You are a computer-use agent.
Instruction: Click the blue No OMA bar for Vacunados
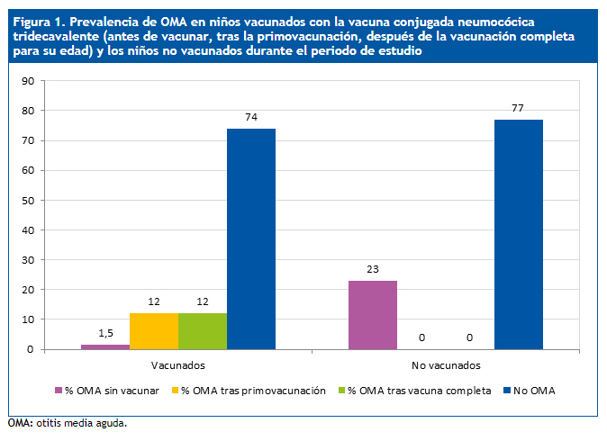point(251,238)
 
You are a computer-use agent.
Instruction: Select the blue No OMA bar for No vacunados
point(518,234)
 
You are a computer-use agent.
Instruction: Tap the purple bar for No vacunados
point(372,314)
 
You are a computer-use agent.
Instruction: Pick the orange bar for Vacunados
point(154,330)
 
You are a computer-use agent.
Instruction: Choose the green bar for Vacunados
point(203,330)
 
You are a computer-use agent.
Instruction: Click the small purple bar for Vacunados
point(105,346)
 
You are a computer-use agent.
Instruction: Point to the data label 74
point(251,117)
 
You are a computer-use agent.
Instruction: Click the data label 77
point(518,108)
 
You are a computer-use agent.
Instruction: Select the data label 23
point(372,269)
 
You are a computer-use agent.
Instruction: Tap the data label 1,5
point(105,333)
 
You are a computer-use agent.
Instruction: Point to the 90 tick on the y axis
point(27,81)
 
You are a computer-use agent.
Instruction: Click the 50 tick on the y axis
point(27,200)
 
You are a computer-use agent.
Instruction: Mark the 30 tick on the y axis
point(27,260)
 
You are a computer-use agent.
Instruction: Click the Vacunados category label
point(178,365)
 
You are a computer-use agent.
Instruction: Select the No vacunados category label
point(445,365)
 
